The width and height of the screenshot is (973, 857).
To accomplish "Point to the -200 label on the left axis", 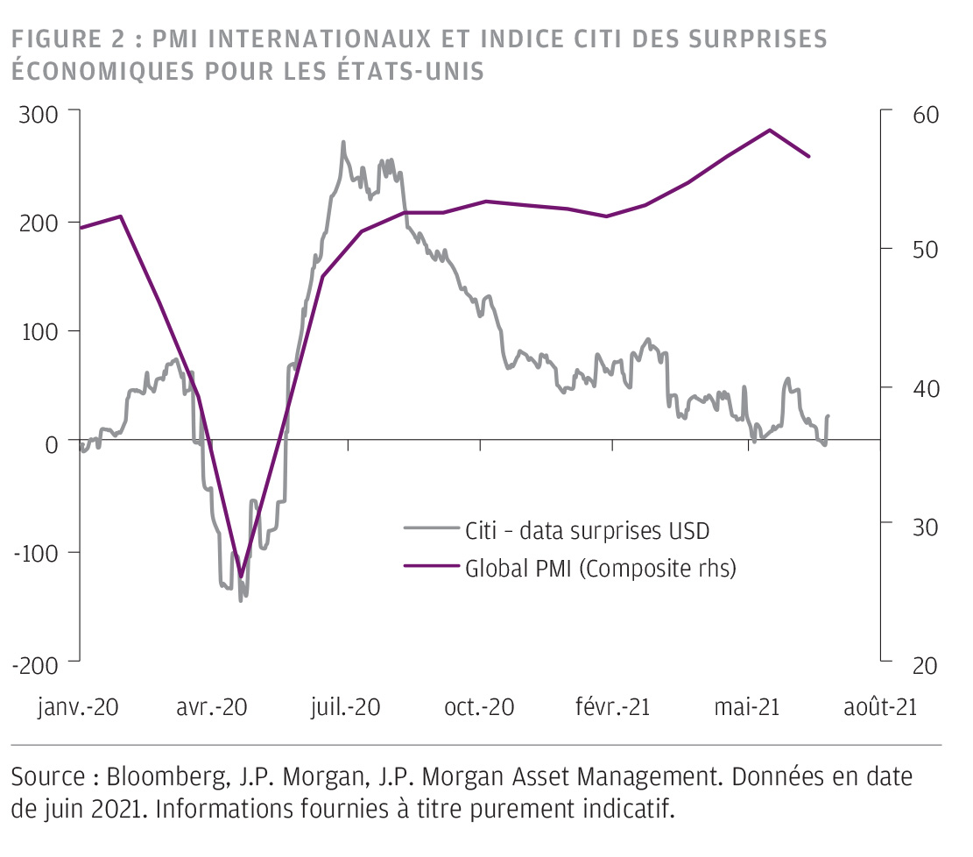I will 34,664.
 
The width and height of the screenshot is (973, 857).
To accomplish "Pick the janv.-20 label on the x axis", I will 78,706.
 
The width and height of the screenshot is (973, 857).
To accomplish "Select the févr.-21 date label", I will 611,706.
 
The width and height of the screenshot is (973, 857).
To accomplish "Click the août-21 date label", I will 879,706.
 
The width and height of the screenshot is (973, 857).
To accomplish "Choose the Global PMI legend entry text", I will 600,568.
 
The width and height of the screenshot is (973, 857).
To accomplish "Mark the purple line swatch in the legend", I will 431,568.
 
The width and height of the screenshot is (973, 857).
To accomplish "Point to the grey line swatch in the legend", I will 431,529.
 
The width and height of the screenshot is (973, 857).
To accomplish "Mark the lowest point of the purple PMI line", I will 241,577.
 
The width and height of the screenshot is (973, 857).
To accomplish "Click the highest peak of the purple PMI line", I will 769,130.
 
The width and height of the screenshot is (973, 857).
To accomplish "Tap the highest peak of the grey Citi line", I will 343,142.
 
